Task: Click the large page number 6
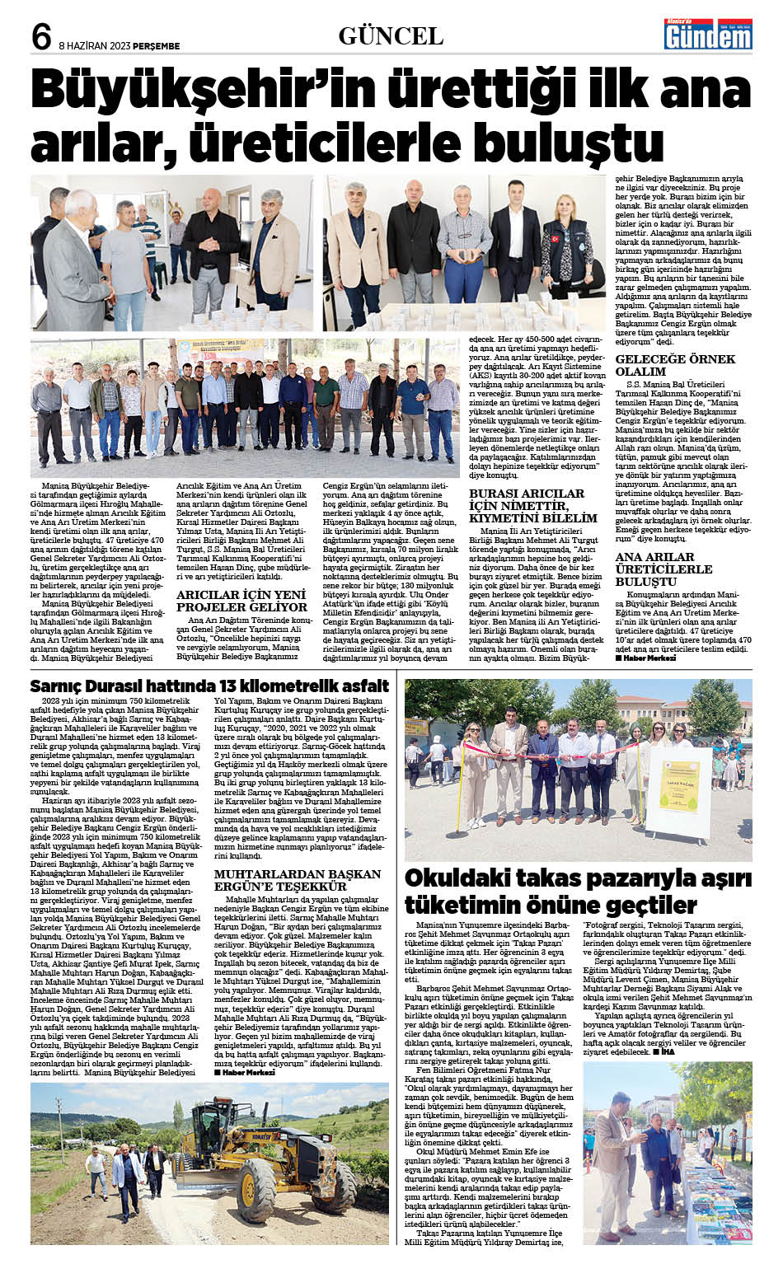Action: [x=41, y=35]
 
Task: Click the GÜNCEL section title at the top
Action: [x=391, y=35]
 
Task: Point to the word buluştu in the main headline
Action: [x=544, y=140]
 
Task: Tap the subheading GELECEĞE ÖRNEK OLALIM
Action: [x=675, y=365]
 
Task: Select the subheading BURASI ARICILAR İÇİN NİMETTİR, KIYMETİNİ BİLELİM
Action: [x=532, y=505]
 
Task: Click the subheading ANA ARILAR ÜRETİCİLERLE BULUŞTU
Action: [x=663, y=569]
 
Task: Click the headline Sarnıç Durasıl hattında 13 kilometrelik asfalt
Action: [x=209, y=686]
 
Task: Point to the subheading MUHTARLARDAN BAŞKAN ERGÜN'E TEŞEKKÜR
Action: [x=298, y=879]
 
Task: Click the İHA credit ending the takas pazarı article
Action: [x=663, y=1052]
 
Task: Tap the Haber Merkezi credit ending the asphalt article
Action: [x=245, y=1072]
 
